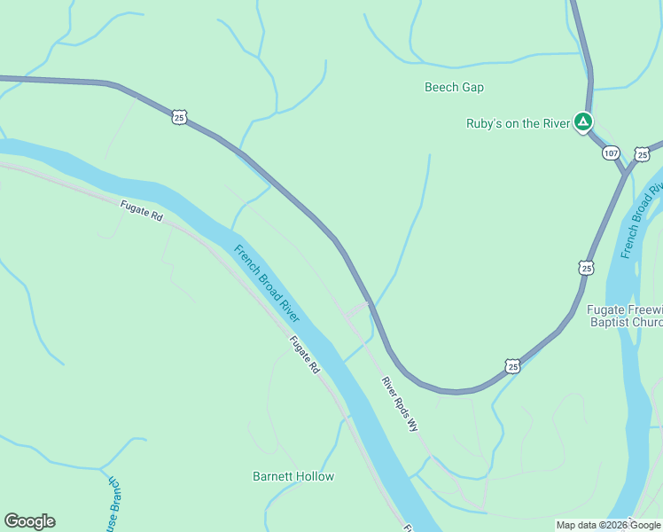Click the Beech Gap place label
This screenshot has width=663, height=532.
(x=454, y=87)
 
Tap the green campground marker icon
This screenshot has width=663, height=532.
(x=582, y=121)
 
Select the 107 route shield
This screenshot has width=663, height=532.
(x=611, y=153)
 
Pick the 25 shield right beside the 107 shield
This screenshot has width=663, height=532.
(x=643, y=154)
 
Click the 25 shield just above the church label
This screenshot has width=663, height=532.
(x=586, y=267)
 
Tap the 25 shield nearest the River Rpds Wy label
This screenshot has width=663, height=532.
(x=512, y=365)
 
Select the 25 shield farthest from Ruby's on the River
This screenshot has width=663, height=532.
(x=180, y=117)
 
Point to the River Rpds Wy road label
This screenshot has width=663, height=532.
(x=399, y=403)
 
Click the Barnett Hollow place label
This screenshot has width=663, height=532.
(x=293, y=476)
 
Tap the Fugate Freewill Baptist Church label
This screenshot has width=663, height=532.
(x=625, y=316)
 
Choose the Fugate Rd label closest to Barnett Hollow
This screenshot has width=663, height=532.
(x=303, y=354)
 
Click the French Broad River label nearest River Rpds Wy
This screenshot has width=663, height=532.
(x=267, y=284)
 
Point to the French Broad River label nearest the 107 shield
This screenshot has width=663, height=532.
(x=642, y=222)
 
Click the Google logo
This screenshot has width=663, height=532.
(x=29, y=521)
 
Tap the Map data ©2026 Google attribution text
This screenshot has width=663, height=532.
(x=608, y=525)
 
